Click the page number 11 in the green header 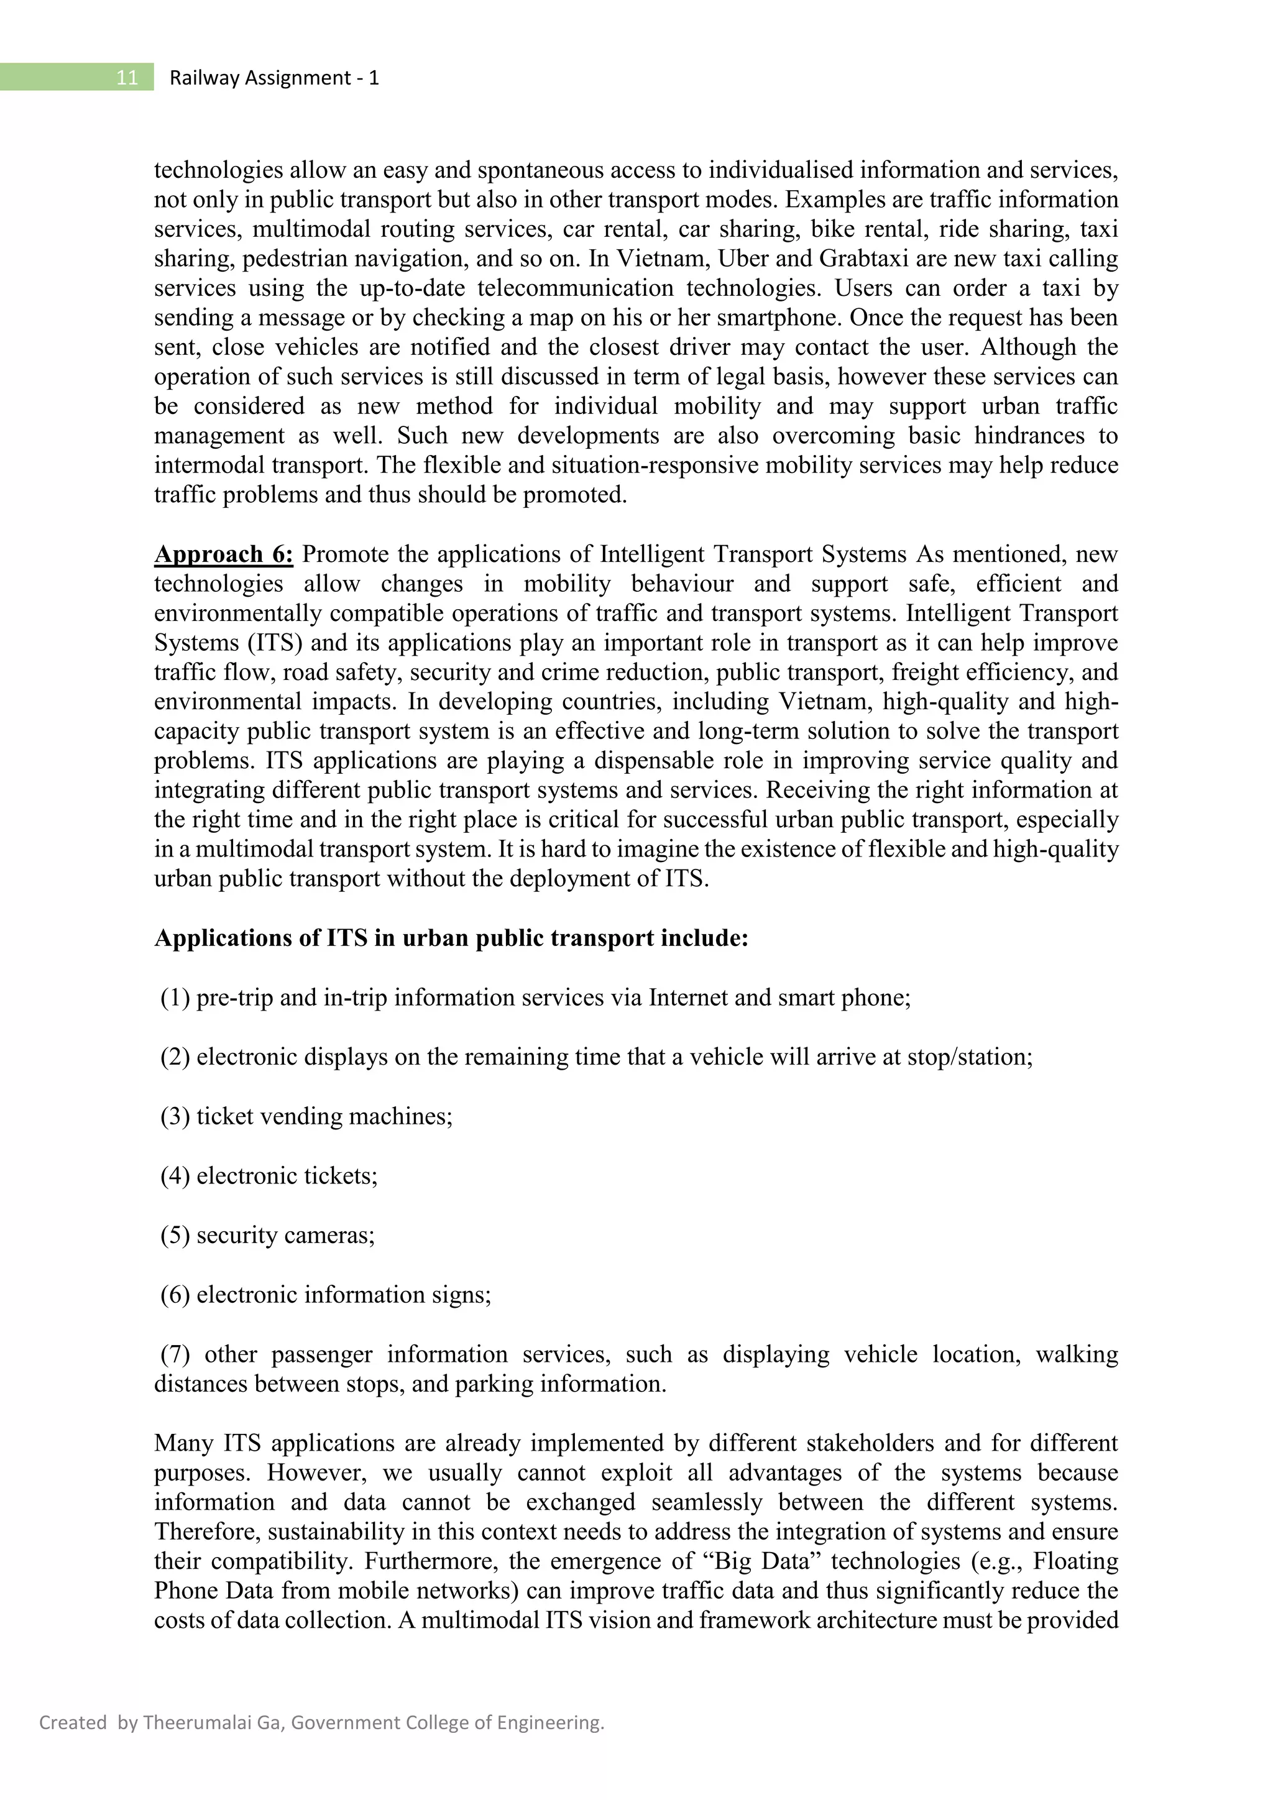pyautogui.click(x=127, y=78)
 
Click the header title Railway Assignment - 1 pyautogui.click(x=273, y=78)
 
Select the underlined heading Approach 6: pyautogui.click(x=223, y=554)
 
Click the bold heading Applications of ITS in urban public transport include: pyautogui.click(x=451, y=939)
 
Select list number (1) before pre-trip pyautogui.click(x=175, y=998)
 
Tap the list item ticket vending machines pyautogui.click(x=324, y=1116)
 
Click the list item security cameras pyautogui.click(x=285, y=1235)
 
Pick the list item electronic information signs pyautogui.click(x=343, y=1294)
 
